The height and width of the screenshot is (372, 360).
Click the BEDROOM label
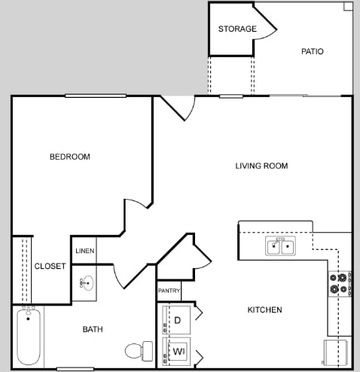tap(69, 157)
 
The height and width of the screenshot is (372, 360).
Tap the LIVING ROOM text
tap(261, 166)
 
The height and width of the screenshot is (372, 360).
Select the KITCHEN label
tap(265, 309)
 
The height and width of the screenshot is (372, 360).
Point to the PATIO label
tap(312, 52)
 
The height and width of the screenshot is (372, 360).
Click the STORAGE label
tap(237, 29)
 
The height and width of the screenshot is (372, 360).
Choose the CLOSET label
tap(50, 266)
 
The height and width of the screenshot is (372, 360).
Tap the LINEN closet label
tap(84, 251)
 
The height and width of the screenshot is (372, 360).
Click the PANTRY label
tap(168, 291)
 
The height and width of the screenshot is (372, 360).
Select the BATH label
tap(93, 329)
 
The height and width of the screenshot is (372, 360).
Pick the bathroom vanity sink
tap(86, 283)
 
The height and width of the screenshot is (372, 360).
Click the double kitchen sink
tap(279, 245)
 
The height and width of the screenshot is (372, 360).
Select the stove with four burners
tap(338, 283)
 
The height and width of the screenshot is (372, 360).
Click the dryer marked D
tap(178, 320)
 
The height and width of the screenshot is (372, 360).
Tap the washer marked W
tap(178, 351)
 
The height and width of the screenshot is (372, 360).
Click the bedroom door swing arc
tap(137, 208)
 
